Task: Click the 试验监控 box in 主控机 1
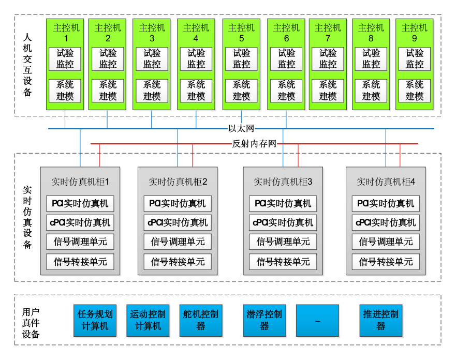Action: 65,59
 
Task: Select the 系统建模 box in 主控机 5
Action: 241,91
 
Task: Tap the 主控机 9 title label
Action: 415,33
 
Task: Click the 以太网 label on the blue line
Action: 241,128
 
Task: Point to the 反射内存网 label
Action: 254,144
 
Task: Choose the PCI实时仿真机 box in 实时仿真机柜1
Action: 80,203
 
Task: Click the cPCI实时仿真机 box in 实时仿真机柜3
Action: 283,222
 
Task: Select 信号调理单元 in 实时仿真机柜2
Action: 178,242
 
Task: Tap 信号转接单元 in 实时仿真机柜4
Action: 386,261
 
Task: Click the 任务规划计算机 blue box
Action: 95,320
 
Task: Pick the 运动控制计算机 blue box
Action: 148,320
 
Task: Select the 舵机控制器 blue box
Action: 201,320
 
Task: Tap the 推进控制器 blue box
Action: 381,320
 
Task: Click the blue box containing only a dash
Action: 318,320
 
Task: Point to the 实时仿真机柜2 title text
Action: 178,182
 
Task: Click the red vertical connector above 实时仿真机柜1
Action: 99,155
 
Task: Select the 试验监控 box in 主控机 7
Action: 328,59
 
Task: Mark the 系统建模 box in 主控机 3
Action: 152,91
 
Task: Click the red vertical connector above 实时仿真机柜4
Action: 400,155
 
